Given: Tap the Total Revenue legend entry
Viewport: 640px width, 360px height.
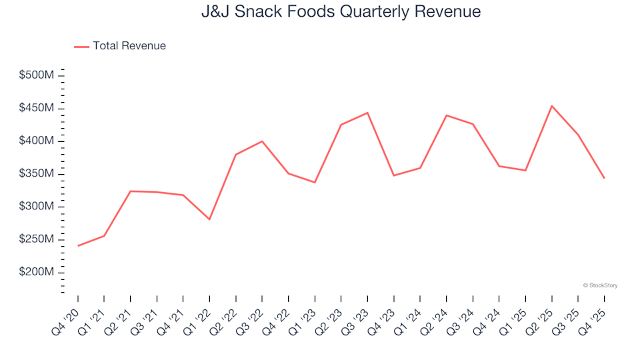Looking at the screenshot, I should pyautogui.click(x=120, y=46).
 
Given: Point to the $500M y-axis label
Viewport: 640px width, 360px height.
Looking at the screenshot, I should pyautogui.click(x=37, y=75).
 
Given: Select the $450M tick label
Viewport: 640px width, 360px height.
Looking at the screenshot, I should pyautogui.click(x=37, y=108).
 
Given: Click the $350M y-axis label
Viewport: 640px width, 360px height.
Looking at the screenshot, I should pyautogui.click(x=37, y=174).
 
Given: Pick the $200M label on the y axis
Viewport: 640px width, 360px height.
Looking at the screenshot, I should pyautogui.click(x=37, y=273).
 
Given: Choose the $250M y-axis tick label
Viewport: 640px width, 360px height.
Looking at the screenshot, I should pyautogui.click(x=37, y=239).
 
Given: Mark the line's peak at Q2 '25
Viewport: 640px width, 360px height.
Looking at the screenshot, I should pyautogui.click(x=552, y=106).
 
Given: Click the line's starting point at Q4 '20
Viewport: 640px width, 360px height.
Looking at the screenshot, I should pyautogui.click(x=78, y=246).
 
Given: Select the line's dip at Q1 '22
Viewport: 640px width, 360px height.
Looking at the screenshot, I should pyautogui.click(x=209, y=219).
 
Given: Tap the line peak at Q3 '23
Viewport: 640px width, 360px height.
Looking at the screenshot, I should pyautogui.click(x=367, y=113).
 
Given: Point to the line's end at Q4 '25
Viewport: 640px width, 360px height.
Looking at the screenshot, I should pyautogui.click(x=605, y=178).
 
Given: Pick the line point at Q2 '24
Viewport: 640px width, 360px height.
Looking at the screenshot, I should pyautogui.click(x=447, y=115).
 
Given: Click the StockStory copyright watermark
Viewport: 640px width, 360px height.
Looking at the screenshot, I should pyautogui.click(x=600, y=285).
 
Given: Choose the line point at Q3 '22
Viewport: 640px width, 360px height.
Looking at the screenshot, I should pyautogui.click(x=262, y=141).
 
